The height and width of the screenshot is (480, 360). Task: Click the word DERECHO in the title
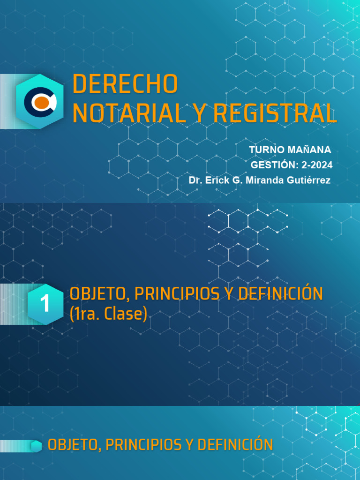click(125, 84)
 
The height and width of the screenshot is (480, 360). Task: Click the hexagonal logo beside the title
click(39, 101)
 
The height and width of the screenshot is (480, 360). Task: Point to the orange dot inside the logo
click(41, 102)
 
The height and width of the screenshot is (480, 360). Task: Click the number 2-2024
click(317, 165)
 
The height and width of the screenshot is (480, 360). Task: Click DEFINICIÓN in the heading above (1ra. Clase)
click(281, 294)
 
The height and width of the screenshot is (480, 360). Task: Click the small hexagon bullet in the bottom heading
click(36, 446)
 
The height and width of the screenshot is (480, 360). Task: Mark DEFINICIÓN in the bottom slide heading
click(237, 445)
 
